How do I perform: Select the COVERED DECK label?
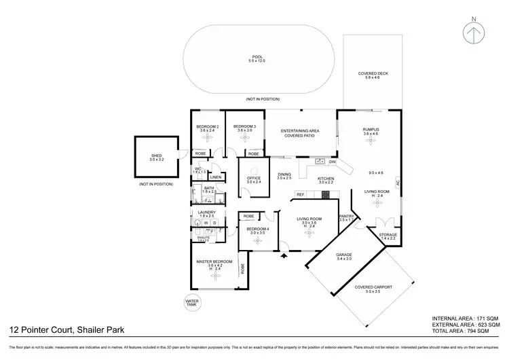click(373, 74)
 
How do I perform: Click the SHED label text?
click(156, 156)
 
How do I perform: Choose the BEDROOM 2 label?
click(207, 127)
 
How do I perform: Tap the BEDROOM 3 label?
click(244, 127)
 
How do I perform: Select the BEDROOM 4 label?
click(258, 229)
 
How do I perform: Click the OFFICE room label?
click(253, 179)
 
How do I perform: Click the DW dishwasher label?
click(333, 162)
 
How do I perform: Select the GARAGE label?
click(344, 255)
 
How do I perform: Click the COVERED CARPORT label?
click(373, 287)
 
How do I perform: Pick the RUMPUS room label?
click(371, 130)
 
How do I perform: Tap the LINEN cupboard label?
click(216, 177)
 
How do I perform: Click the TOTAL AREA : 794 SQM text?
click(468, 331)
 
